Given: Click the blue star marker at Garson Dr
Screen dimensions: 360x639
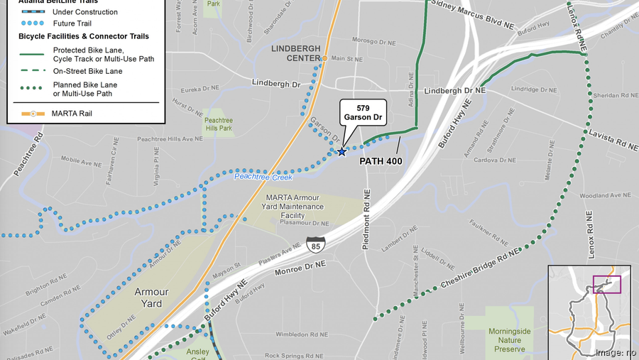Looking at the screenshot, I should tap(342, 151).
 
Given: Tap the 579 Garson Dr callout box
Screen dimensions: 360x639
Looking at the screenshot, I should tap(362, 112).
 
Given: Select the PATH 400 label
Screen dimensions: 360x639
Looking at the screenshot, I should tap(381, 161).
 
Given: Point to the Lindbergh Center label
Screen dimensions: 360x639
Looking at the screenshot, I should tap(294, 53).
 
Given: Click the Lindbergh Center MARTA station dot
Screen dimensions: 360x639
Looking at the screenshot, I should tap(324, 58).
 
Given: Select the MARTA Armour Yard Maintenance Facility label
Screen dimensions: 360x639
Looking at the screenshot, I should tap(295, 207).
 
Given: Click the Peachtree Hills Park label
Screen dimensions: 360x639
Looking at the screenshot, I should tap(218, 125).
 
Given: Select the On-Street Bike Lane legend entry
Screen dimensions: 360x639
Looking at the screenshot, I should tap(87, 71).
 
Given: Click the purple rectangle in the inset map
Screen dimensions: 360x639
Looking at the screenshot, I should tap(606, 284).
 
